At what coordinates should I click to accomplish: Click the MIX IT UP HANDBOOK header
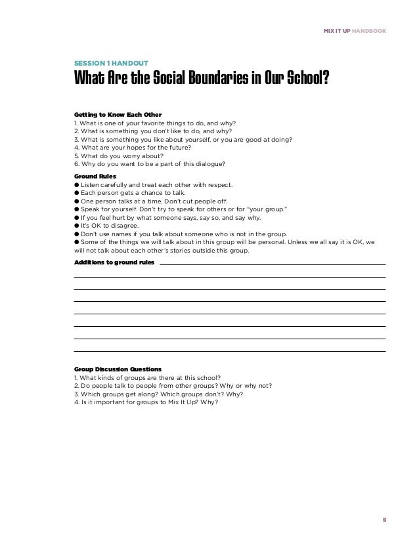tap(355, 31)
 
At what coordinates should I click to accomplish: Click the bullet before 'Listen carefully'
tap(77, 185)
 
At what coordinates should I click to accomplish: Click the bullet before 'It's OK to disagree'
tap(77, 224)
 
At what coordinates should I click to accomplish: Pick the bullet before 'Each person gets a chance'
tap(77, 193)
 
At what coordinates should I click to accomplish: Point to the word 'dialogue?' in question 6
tap(208, 163)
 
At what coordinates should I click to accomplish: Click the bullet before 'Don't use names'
tap(77, 232)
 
